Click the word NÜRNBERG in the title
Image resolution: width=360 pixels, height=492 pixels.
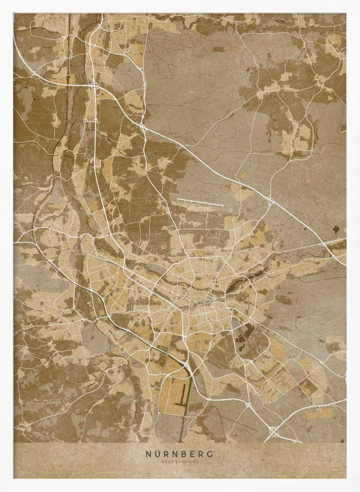[180, 453]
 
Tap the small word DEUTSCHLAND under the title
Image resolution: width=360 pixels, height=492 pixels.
[180, 461]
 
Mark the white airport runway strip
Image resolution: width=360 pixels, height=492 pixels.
[200, 202]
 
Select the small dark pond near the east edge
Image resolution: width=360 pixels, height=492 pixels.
[336, 229]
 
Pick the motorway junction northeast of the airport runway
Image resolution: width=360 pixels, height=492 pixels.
[270, 201]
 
